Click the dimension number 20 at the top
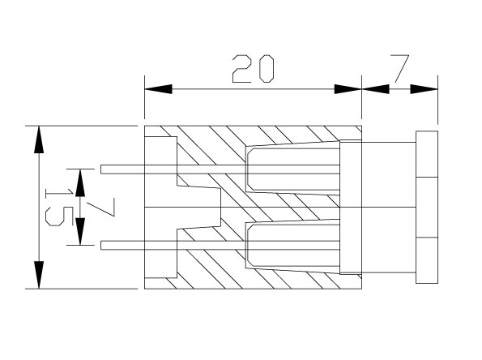click(x=253, y=69)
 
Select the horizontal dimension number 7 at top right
click(x=400, y=69)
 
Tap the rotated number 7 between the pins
click(x=100, y=207)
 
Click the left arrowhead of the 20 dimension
click(x=158, y=89)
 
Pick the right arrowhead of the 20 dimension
click(x=348, y=89)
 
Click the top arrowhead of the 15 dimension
click(x=39, y=139)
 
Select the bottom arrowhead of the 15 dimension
click(x=39, y=275)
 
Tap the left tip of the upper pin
click(x=101, y=169)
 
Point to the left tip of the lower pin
click(x=101, y=245)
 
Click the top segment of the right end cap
click(x=427, y=154)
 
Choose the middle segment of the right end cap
click(x=427, y=208)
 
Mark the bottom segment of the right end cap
click(x=427, y=260)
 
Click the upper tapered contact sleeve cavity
click(x=292, y=169)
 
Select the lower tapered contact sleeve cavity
click(x=292, y=246)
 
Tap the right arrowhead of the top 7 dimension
click(x=424, y=89)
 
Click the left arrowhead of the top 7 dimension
click(x=375, y=89)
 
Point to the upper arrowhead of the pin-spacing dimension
click(x=80, y=183)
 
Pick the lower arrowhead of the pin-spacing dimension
click(x=80, y=231)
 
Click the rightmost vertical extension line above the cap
click(x=438, y=100)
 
